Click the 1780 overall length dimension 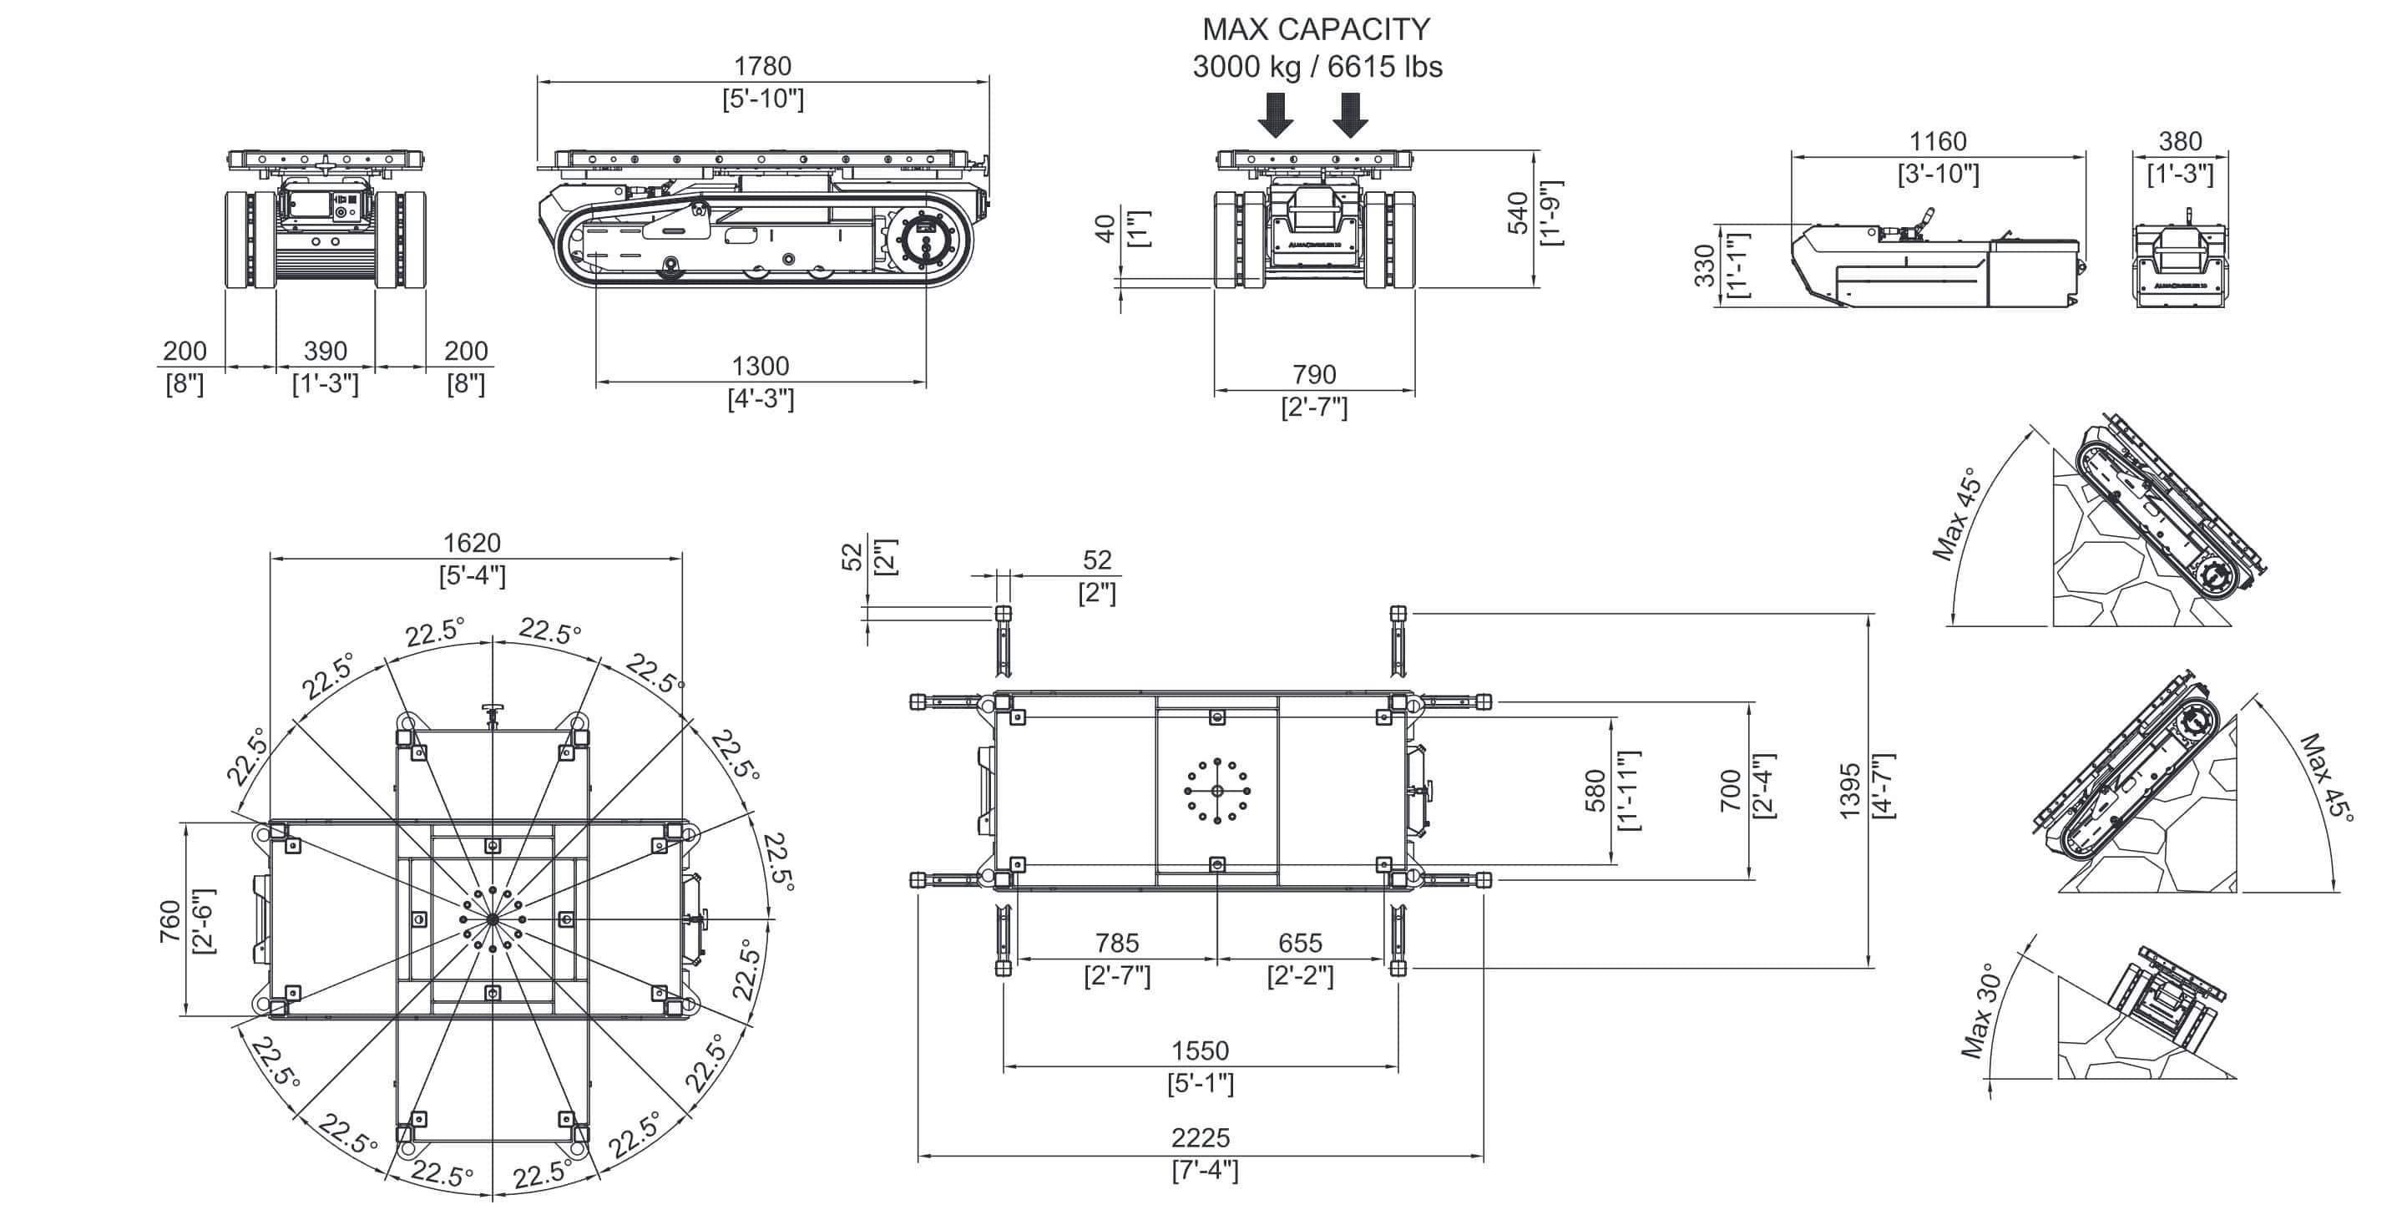point(762,66)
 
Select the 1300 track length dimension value point(760,367)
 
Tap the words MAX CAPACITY point(1316,30)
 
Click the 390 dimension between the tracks point(325,352)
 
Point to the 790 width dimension point(1314,375)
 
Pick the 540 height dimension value point(1519,212)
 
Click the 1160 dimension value point(1938,142)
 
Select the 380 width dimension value point(2180,142)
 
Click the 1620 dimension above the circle point(472,543)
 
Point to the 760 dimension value point(170,920)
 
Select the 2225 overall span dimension point(1201,1138)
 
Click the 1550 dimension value point(1201,1050)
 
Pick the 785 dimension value point(1118,943)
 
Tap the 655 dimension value point(1301,943)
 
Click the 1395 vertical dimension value point(1850,791)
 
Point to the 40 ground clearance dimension point(1105,229)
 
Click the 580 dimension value point(1595,791)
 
